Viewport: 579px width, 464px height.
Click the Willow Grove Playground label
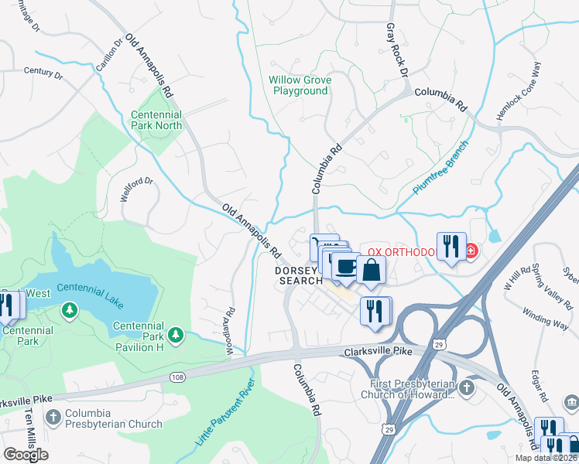[x=300, y=85]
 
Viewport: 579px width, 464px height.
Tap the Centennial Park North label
[x=156, y=120]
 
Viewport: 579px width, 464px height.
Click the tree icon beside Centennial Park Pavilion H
[x=176, y=334]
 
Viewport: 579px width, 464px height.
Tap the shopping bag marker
[x=372, y=269]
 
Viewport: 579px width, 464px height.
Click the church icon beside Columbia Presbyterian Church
[x=53, y=418]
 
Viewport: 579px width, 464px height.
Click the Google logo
[x=26, y=454]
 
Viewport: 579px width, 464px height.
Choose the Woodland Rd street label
[x=231, y=325]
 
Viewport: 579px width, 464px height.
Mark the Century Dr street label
[x=43, y=73]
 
